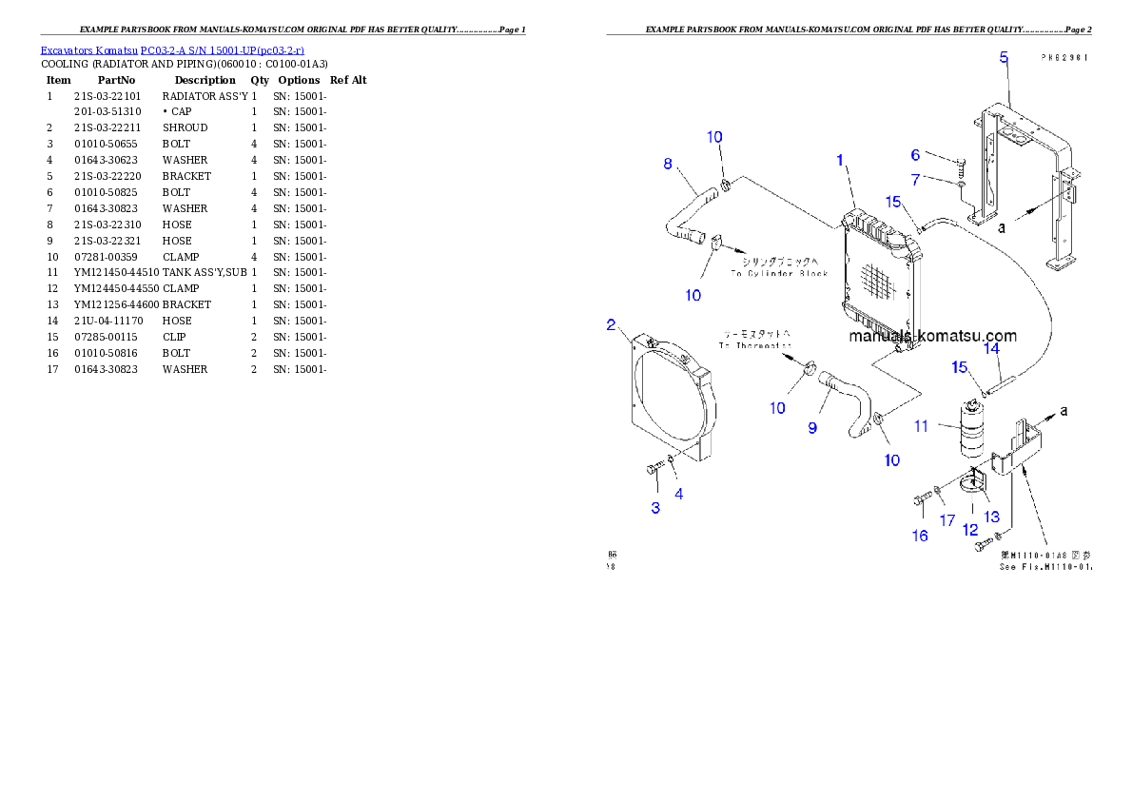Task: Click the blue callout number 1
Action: (840, 161)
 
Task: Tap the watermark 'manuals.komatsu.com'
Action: (932, 336)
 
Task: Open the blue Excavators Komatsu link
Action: (172, 50)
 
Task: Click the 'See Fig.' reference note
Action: (1044, 567)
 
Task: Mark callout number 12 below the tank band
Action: (970, 530)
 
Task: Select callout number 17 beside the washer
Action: (947, 520)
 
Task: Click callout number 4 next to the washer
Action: (679, 493)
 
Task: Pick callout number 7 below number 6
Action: (915, 180)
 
